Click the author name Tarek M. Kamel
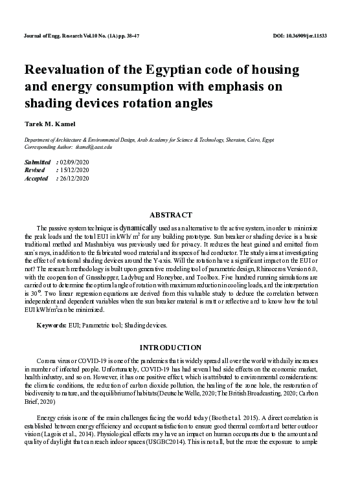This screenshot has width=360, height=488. coord(49,124)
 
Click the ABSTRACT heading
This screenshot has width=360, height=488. coord(171,214)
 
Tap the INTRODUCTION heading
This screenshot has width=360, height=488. coord(170,348)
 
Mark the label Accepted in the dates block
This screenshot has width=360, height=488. coord(36,178)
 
